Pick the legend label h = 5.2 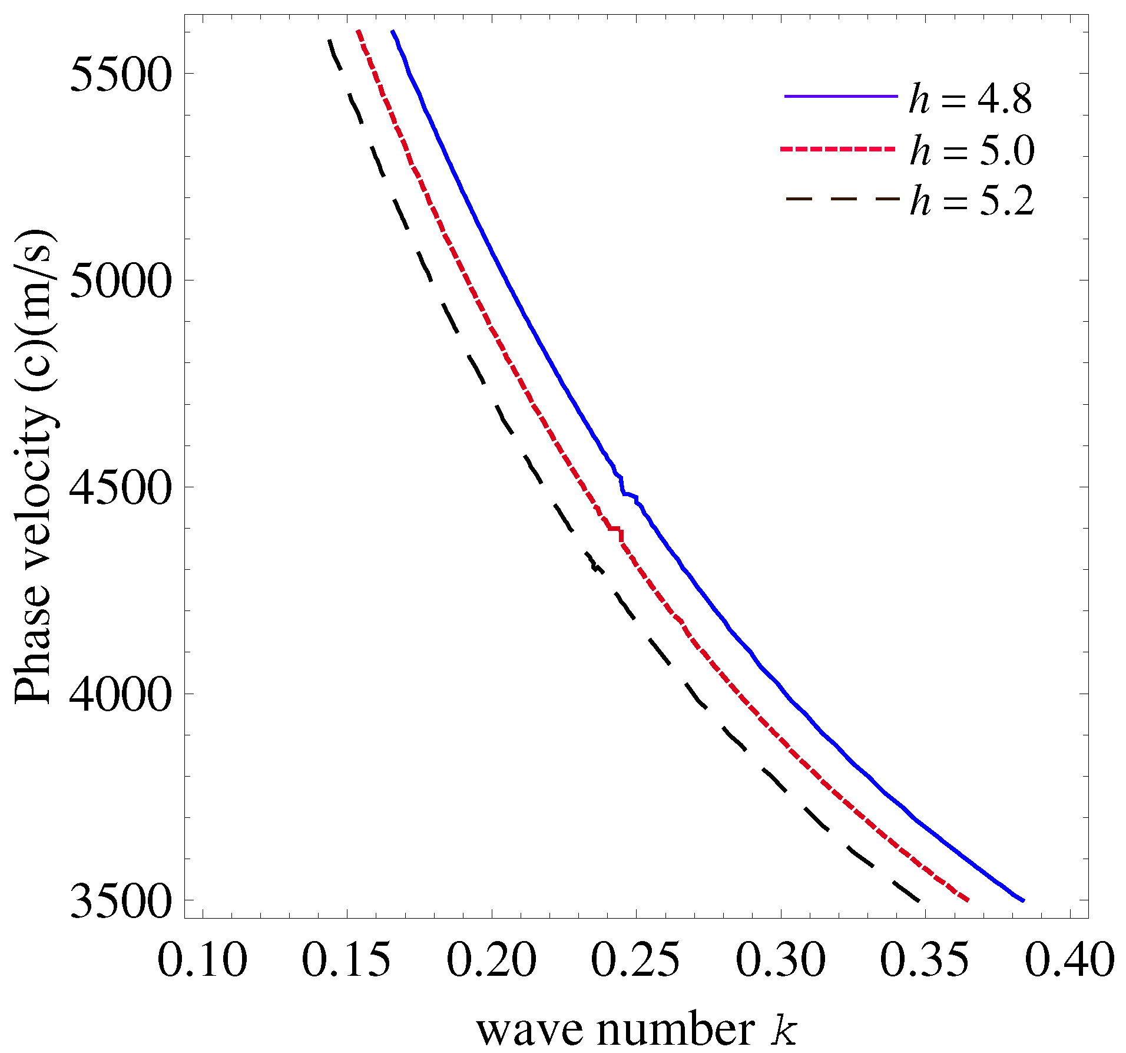972,200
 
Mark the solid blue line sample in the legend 841,96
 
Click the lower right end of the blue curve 1024,900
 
